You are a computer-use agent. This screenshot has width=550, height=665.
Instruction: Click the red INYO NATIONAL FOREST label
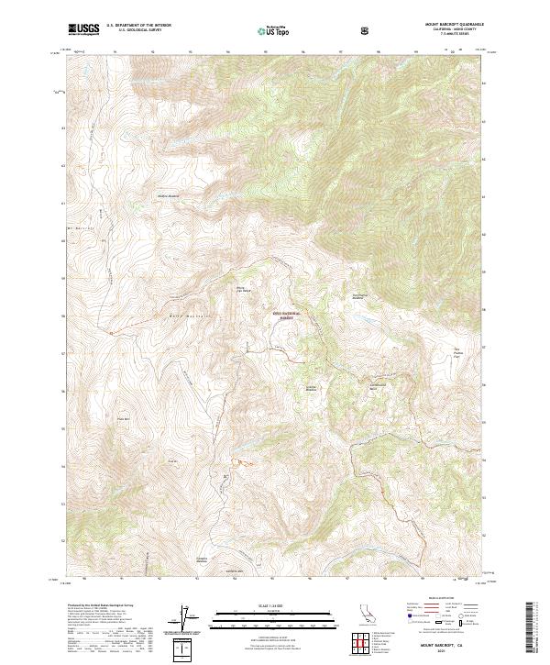click(289, 315)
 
